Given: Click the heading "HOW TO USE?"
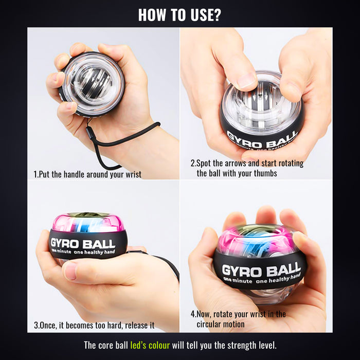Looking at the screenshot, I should pos(179,14).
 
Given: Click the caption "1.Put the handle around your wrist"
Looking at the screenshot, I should pos(87,174).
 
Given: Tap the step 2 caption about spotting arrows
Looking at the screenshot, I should pos(246,168).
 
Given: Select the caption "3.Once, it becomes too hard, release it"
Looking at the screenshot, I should pos(94,325).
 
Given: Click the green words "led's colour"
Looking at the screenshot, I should pos(150,345).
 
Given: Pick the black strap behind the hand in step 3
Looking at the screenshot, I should pos(165,262).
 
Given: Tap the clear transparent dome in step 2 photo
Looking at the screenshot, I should pos(262,103).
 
